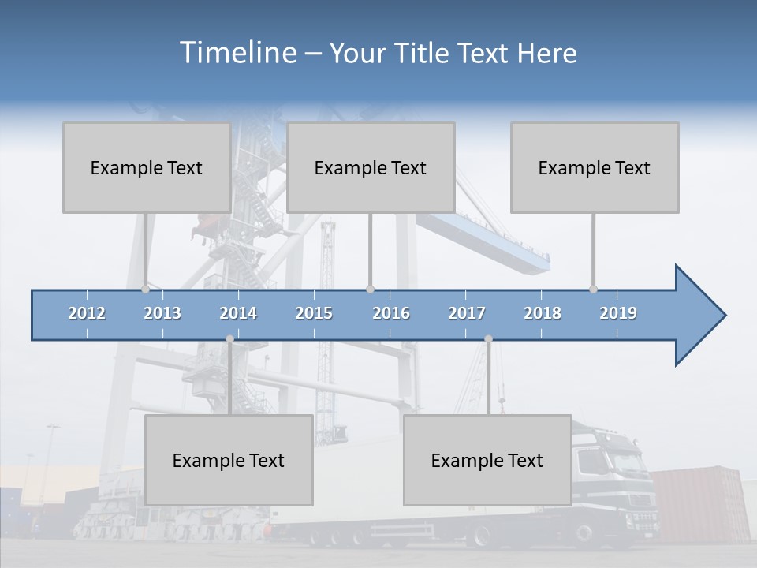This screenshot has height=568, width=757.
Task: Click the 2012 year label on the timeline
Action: (87, 313)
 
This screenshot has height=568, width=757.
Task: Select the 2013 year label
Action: (162, 313)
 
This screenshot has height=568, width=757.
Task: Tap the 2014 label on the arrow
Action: (238, 313)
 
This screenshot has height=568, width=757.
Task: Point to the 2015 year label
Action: (314, 313)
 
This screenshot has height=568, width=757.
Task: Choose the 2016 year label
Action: (391, 313)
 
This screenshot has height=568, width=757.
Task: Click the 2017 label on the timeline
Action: (467, 313)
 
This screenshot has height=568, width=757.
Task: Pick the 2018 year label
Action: (543, 313)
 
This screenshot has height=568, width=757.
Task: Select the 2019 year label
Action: (618, 313)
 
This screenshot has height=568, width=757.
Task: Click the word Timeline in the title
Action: (237, 53)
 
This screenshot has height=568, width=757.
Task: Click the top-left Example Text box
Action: (147, 167)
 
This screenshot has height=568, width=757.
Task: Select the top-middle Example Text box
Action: (371, 167)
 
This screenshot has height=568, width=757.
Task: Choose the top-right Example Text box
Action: (595, 167)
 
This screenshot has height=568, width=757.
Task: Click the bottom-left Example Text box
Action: (229, 460)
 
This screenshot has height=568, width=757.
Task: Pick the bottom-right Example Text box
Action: (487, 460)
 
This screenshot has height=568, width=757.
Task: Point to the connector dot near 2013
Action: (145, 289)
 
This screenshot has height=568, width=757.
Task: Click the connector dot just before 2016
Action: (370, 289)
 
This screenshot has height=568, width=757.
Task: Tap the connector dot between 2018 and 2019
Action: (593, 289)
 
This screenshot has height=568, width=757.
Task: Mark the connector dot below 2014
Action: (229, 339)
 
